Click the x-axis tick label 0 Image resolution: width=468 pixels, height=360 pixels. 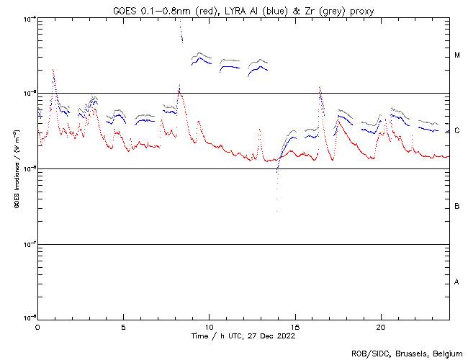point(37,326)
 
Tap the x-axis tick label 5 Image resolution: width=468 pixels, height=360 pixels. point(123,326)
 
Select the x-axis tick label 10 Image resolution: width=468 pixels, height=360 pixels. point(209,326)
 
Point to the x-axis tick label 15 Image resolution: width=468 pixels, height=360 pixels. point(294,326)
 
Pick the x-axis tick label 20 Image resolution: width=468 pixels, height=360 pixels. point(380,326)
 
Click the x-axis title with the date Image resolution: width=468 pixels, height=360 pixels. point(243,336)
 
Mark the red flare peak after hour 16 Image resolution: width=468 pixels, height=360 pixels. point(320,87)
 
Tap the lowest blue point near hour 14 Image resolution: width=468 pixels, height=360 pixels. point(276,210)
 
